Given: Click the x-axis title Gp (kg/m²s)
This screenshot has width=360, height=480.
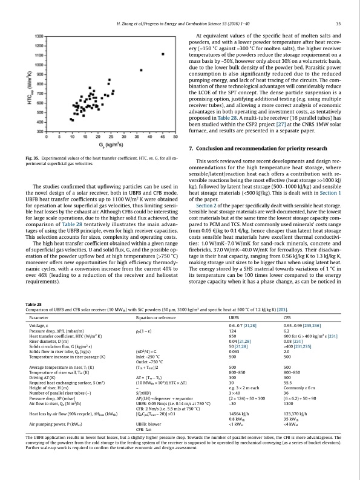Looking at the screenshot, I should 108,146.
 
